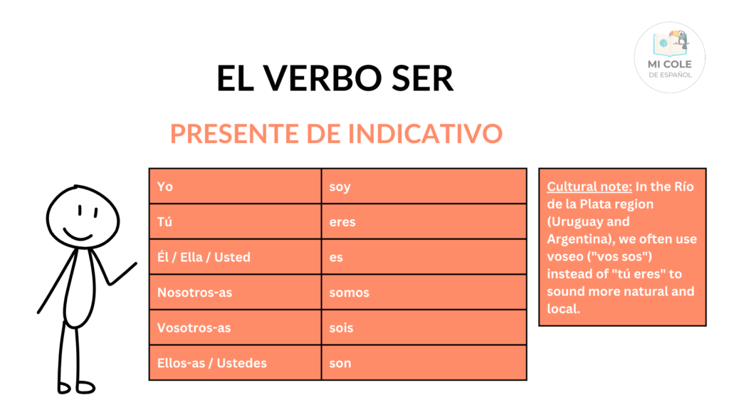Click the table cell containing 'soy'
point(424,186)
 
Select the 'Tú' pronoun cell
point(235,222)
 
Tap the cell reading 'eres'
point(424,222)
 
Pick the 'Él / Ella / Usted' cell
point(235,257)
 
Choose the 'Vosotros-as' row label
point(235,327)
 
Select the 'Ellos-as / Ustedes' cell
point(235,363)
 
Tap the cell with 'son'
point(424,363)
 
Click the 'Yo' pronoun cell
point(235,186)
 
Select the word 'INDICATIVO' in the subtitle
point(425,134)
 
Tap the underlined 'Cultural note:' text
point(589,187)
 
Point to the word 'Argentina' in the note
point(577,239)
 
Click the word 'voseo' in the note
point(565,256)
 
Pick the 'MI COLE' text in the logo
point(669,64)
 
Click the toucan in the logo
point(680,40)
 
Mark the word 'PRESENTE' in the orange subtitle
point(234,134)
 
